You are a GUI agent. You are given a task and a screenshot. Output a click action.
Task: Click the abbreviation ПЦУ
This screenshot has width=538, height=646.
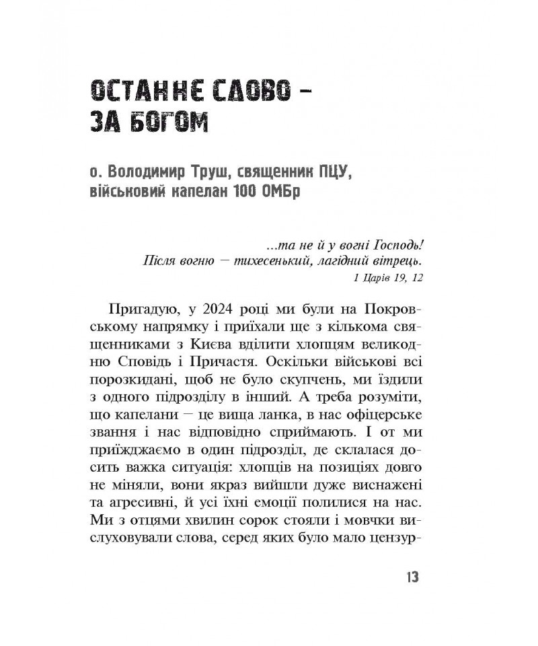click(331, 175)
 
